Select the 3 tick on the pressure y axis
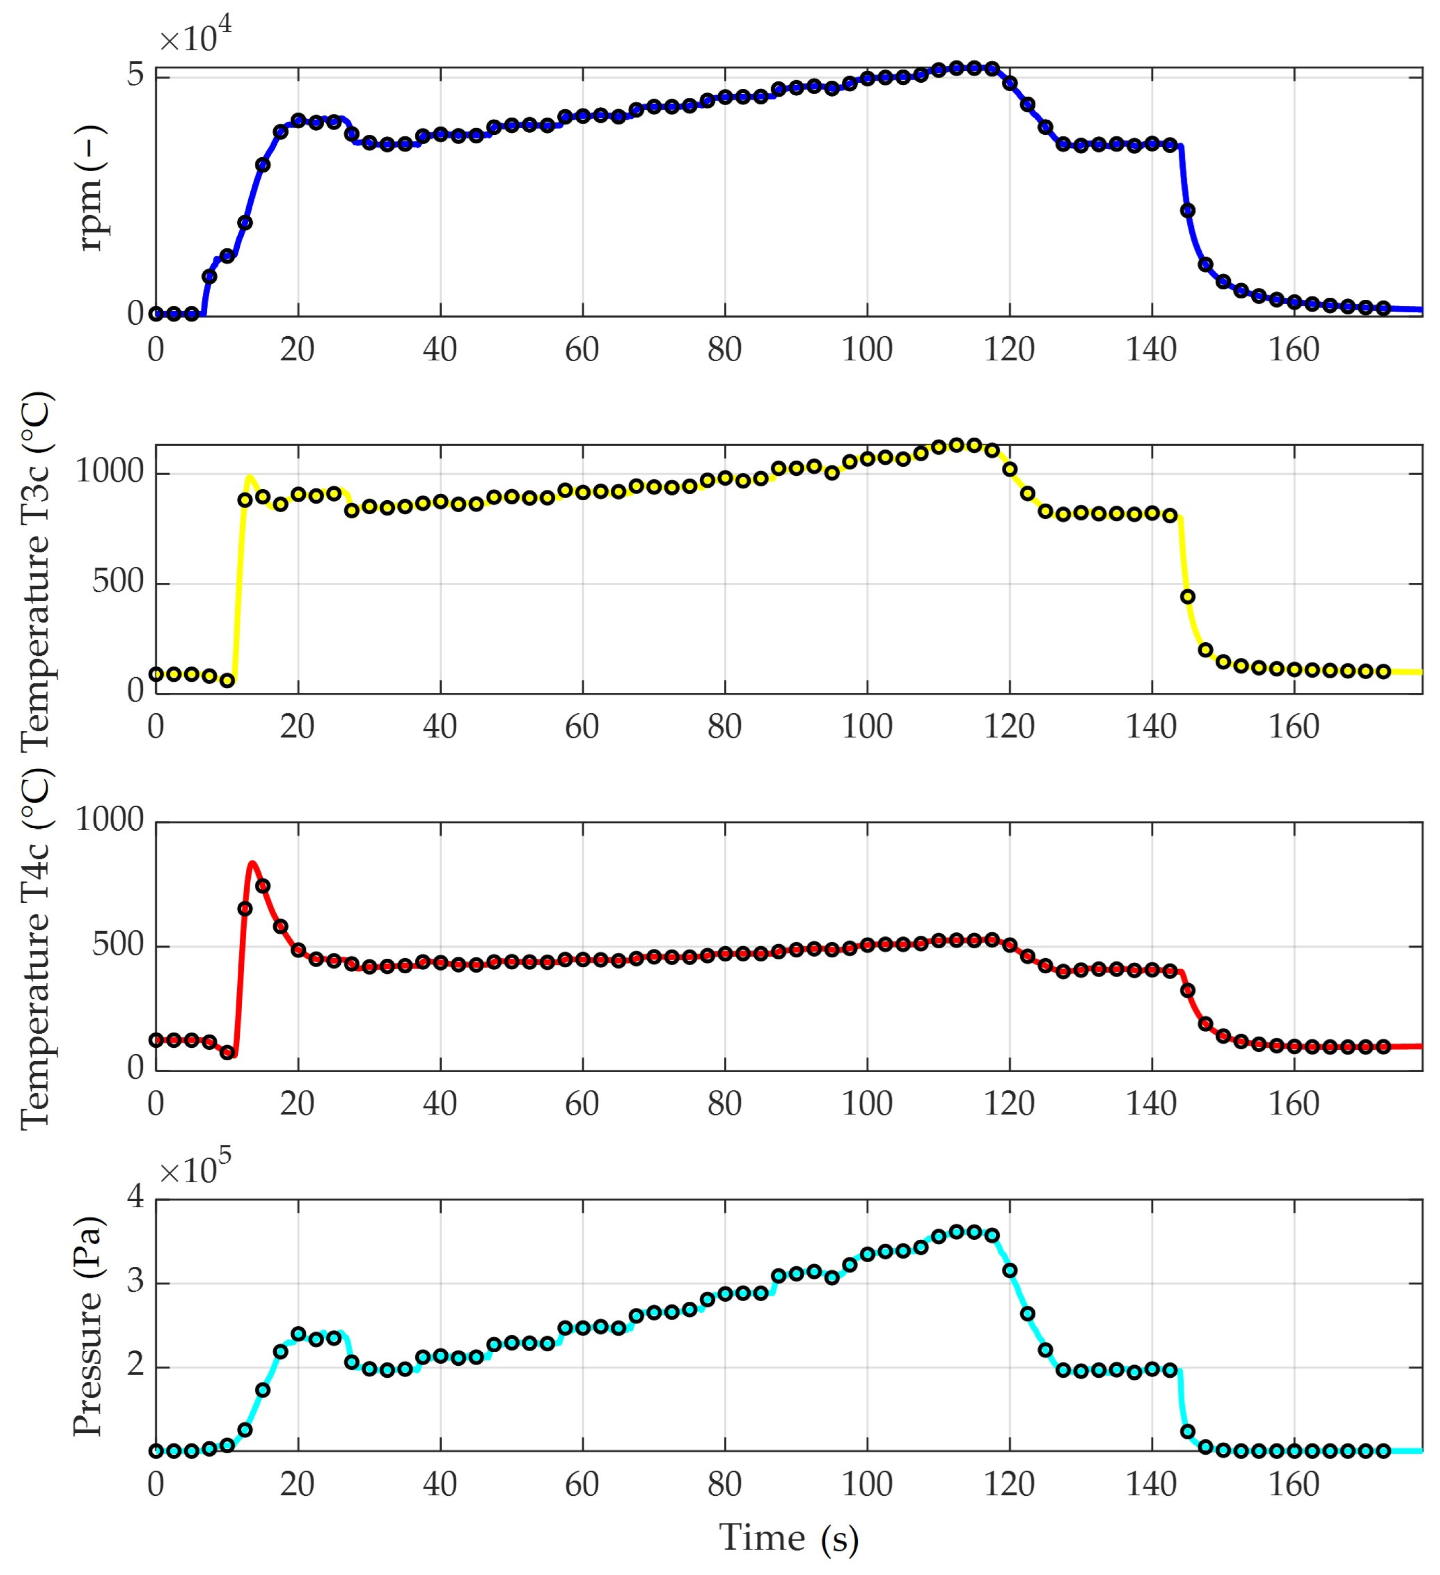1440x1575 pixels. [x=136, y=1284]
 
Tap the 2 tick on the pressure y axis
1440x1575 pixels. [x=136, y=1367]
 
